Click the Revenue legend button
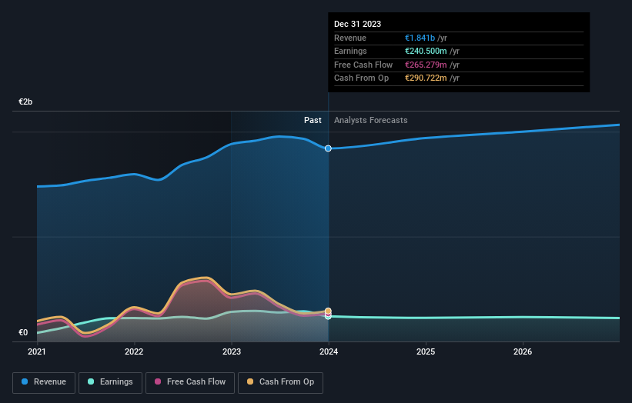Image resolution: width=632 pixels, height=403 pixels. pyautogui.click(x=45, y=381)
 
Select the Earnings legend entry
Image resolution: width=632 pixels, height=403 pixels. pyautogui.click(x=110, y=381)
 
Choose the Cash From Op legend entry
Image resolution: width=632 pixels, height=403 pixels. pyautogui.click(x=281, y=381)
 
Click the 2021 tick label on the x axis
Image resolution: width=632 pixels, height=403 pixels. pyautogui.click(x=37, y=352)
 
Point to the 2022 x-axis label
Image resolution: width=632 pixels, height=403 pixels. pyautogui.click(x=134, y=352)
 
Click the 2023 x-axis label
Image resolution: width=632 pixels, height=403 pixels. pyautogui.click(x=231, y=352)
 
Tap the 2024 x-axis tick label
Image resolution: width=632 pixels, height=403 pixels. pyautogui.click(x=329, y=352)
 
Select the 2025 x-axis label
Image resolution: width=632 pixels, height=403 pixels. pyautogui.click(x=426, y=352)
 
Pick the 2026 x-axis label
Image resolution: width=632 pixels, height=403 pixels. pyautogui.click(x=523, y=352)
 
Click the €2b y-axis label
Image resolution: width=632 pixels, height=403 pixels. pyautogui.click(x=26, y=102)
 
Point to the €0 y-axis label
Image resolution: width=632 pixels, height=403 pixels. pyautogui.click(x=23, y=332)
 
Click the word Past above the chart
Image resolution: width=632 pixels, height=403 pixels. pyautogui.click(x=313, y=120)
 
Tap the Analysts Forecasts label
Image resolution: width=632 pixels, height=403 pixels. pyautogui.click(x=371, y=120)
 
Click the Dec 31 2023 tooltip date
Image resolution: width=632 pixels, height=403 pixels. pyautogui.click(x=357, y=25)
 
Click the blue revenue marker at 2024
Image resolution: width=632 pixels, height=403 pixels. pyautogui.click(x=329, y=148)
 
